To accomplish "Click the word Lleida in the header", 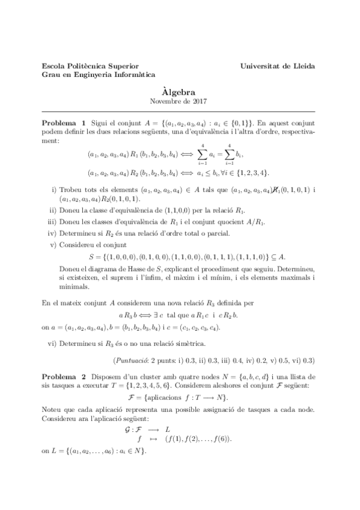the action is [302, 66].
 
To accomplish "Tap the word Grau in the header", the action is [50, 75].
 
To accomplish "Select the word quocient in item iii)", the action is [196, 223].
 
